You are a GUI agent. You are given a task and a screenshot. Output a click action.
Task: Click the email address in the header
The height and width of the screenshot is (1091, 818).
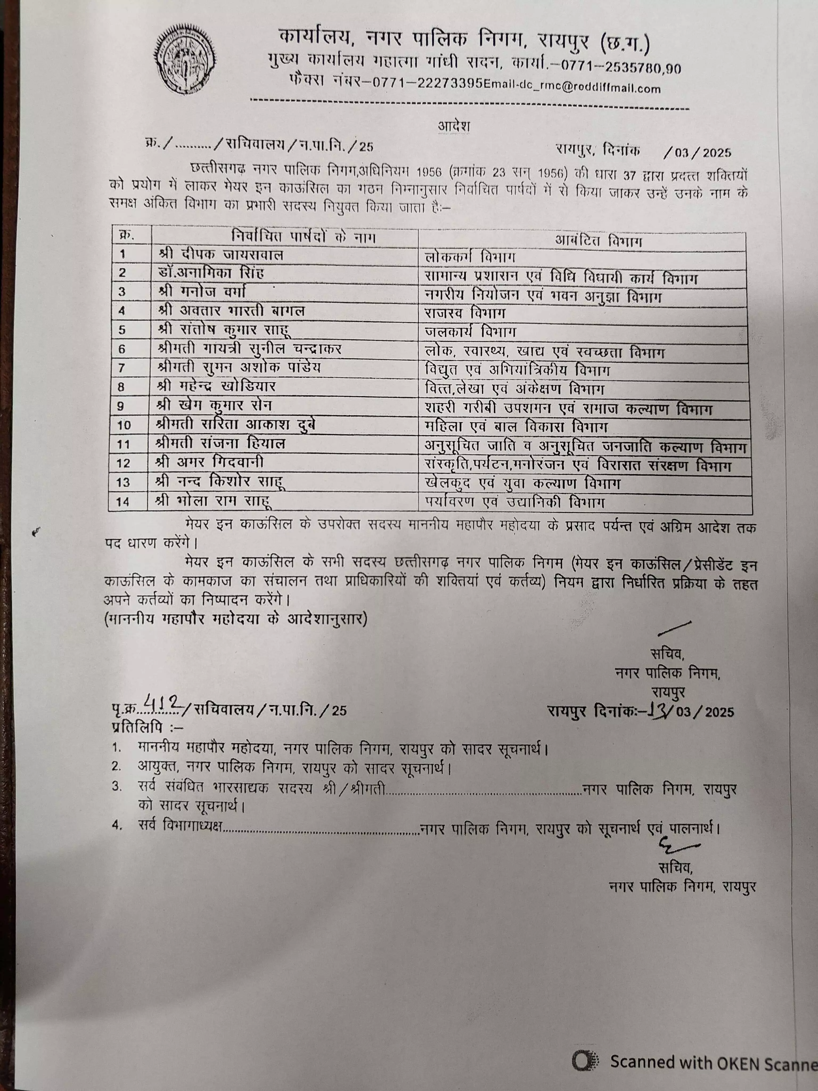click(572, 88)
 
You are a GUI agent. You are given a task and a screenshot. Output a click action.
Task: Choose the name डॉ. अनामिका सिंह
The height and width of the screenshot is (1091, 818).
click(212, 273)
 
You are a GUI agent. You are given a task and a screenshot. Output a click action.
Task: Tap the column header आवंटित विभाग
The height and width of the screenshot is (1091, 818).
click(599, 241)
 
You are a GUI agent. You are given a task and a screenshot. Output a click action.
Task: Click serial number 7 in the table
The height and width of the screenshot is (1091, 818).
click(122, 368)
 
